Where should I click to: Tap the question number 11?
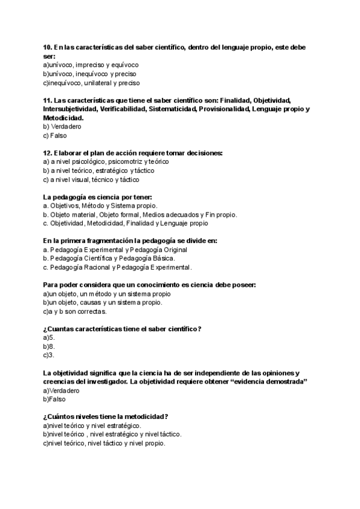(47, 100)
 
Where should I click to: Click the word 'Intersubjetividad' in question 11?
(68, 109)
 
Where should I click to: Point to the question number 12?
(47, 153)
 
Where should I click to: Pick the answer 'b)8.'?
(49, 346)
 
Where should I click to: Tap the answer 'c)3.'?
(49, 355)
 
